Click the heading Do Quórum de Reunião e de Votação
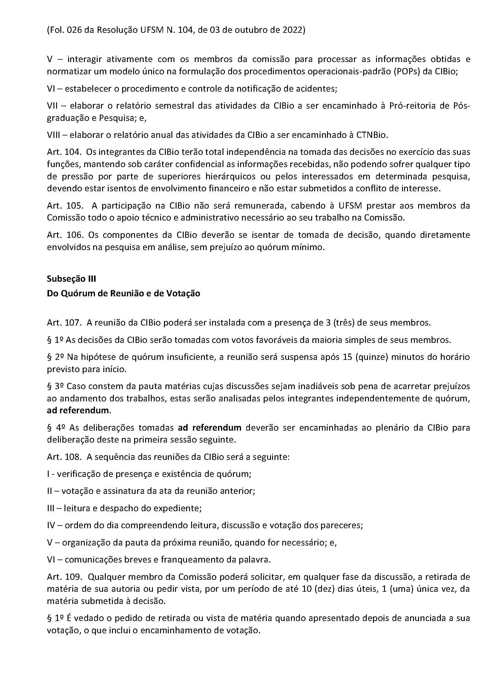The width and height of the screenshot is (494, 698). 124,293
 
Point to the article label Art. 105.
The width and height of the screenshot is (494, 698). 65,206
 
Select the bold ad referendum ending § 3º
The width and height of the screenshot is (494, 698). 78,410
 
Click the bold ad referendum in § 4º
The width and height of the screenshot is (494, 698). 210,428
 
